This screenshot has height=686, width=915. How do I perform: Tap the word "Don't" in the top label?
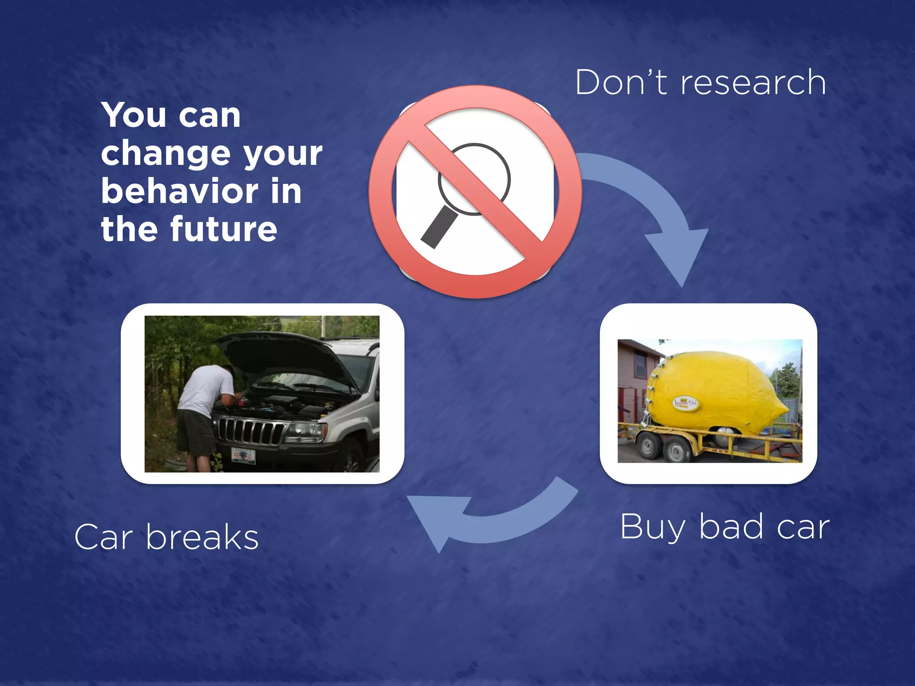(621, 83)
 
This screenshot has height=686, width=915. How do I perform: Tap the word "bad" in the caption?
(731, 527)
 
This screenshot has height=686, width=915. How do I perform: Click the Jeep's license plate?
(243, 456)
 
